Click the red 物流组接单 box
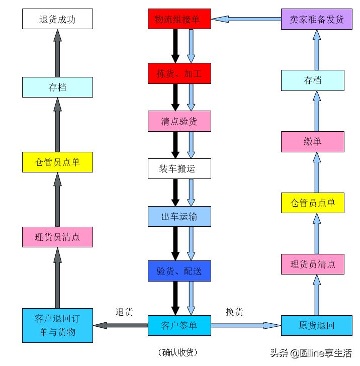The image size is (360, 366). (x=179, y=19)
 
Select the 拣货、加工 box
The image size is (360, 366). (x=179, y=73)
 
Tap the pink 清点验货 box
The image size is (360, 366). (x=179, y=121)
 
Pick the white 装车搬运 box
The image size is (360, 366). (x=179, y=169)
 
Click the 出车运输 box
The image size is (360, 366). (x=179, y=217)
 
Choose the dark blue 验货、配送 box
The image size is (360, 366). (x=179, y=271)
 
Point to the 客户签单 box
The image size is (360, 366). (x=179, y=325)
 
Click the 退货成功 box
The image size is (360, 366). (x=57, y=19)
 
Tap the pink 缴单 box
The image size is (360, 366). (x=312, y=142)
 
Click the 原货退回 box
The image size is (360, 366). (x=317, y=325)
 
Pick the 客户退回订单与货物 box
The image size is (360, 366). (x=57, y=325)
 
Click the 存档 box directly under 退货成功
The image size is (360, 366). (x=57, y=87)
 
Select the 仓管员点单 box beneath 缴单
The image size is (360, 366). (x=312, y=203)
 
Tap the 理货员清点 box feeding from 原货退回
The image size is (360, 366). (x=312, y=264)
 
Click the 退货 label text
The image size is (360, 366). (x=124, y=312)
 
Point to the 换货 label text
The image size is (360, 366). (x=234, y=312)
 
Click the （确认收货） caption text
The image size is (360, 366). (x=179, y=352)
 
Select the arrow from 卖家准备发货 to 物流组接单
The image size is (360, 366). (x=246, y=19)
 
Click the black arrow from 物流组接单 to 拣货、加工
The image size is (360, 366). (x=175, y=46)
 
